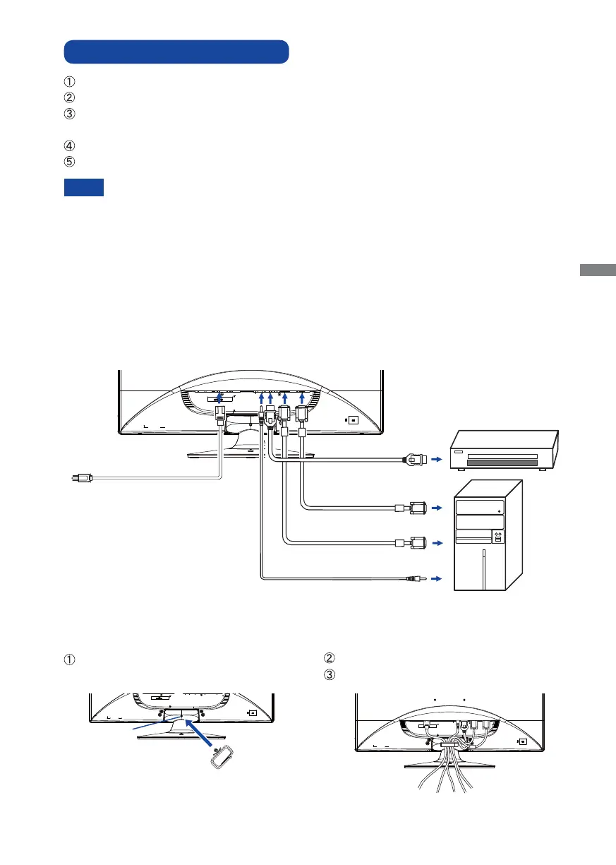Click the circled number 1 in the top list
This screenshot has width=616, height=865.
(x=69, y=80)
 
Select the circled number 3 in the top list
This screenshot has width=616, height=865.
(x=69, y=112)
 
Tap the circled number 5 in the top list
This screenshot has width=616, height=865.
(x=69, y=160)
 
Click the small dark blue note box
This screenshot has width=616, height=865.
(x=84, y=187)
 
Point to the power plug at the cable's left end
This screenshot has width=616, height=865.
(x=82, y=478)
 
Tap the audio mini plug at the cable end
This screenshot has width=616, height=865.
(x=416, y=579)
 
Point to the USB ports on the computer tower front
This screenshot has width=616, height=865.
(x=497, y=539)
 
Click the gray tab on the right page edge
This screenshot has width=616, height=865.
(x=598, y=270)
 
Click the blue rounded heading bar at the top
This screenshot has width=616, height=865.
(x=176, y=52)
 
